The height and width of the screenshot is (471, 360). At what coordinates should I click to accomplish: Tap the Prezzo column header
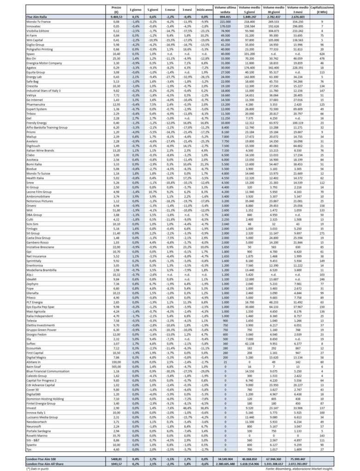116,10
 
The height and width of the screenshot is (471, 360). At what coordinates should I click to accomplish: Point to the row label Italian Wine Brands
41,150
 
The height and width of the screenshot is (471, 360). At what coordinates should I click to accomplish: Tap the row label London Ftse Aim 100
43,459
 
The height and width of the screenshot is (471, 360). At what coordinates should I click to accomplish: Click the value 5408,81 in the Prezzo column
116,459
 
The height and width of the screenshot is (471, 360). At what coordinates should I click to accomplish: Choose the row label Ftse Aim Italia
36,17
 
